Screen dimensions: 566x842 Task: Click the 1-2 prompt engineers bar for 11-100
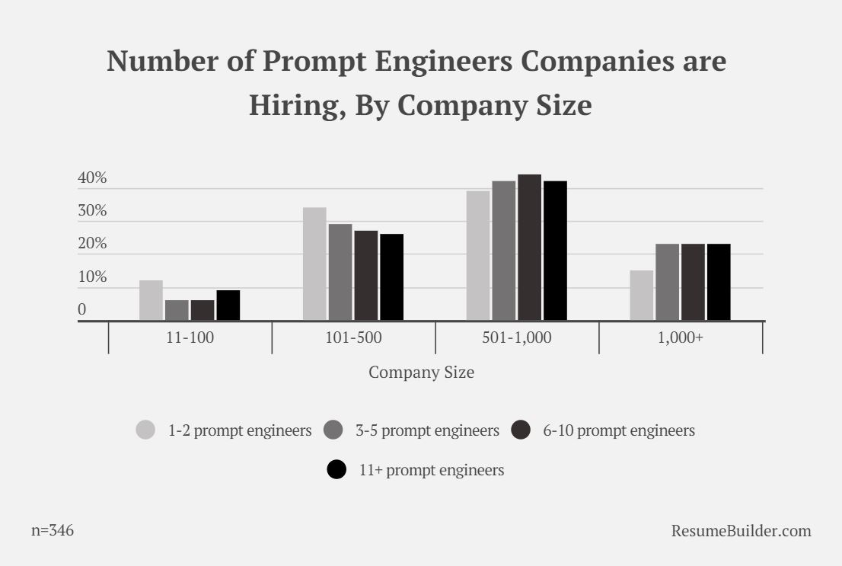tap(151, 300)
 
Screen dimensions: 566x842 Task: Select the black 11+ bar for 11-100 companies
tap(228, 305)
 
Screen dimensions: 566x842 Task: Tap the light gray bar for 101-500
tap(314, 264)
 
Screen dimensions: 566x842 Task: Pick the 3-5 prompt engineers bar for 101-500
tap(340, 272)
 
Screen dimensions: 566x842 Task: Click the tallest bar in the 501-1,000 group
tap(529, 248)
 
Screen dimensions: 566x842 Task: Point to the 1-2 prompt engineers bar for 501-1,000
tap(478, 255)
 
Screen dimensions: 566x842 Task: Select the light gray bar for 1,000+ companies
tap(641, 295)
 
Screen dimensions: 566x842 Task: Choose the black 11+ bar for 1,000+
tap(719, 282)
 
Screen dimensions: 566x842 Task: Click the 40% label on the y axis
tap(92, 178)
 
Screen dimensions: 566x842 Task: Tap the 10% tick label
tap(92, 277)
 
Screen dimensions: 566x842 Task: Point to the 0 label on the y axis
tap(81, 310)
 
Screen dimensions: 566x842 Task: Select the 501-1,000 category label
tap(517, 338)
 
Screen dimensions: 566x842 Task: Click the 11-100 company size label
tap(190, 338)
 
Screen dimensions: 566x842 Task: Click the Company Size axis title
tap(421, 373)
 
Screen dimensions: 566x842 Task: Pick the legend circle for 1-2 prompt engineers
tap(145, 430)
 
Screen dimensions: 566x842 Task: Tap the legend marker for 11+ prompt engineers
tap(336, 470)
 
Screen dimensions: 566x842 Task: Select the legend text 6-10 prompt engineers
tap(618, 430)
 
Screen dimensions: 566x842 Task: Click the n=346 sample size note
tap(53, 530)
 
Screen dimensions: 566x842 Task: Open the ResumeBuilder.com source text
tap(741, 530)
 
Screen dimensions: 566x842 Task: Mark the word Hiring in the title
tap(290, 105)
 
